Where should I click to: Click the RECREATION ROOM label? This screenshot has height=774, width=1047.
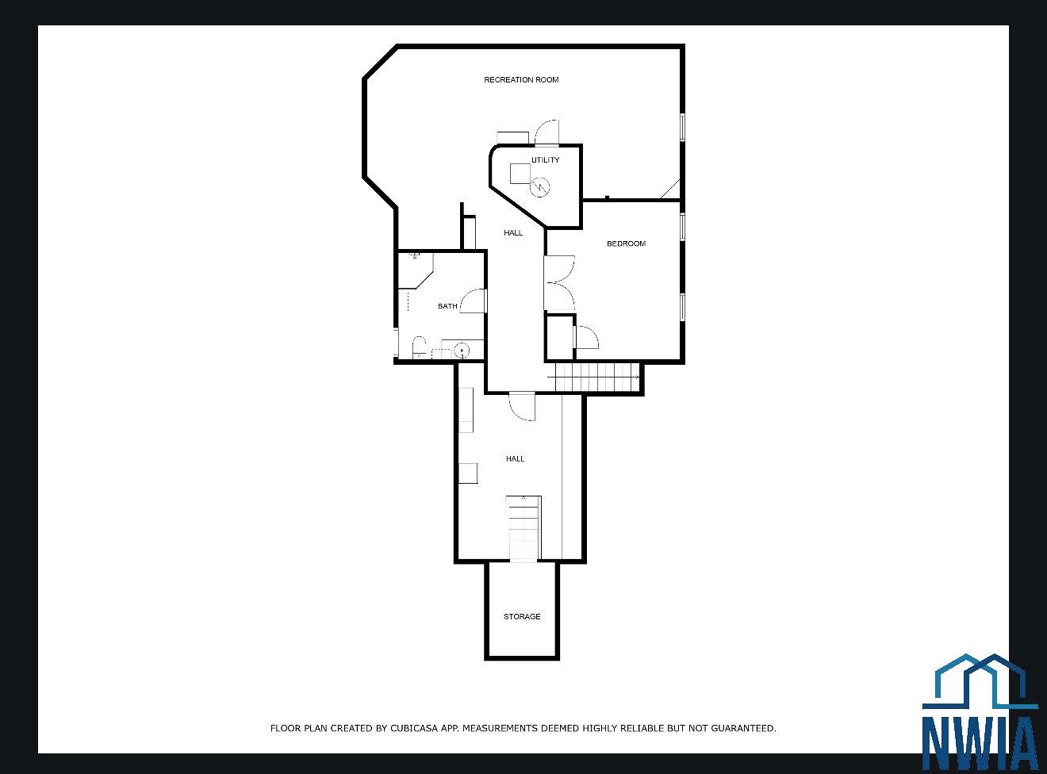pyautogui.click(x=521, y=80)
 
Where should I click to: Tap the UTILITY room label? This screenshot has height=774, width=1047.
pyautogui.click(x=545, y=160)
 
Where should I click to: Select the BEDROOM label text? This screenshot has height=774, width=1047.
pyautogui.click(x=626, y=243)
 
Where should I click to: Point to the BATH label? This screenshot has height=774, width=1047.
pyautogui.click(x=447, y=306)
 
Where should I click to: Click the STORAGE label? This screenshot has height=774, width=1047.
pyautogui.click(x=522, y=616)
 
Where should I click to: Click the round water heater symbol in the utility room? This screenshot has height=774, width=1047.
pyautogui.click(x=540, y=187)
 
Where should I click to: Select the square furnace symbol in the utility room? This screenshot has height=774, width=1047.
pyautogui.click(x=520, y=173)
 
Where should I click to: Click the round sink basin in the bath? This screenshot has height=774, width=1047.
pyautogui.click(x=462, y=351)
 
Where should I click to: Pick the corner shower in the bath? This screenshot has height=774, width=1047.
pyautogui.click(x=416, y=270)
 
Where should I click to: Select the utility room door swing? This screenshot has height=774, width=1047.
pyautogui.click(x=547, y=132)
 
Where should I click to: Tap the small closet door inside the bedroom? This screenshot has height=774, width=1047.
pyautogui.click(x=587, y=337)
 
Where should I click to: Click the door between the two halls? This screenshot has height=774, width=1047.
pyautogui.click(x=522, y=406)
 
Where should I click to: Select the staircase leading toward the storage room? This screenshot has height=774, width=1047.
pyautogui.click(x=523, y=529)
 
